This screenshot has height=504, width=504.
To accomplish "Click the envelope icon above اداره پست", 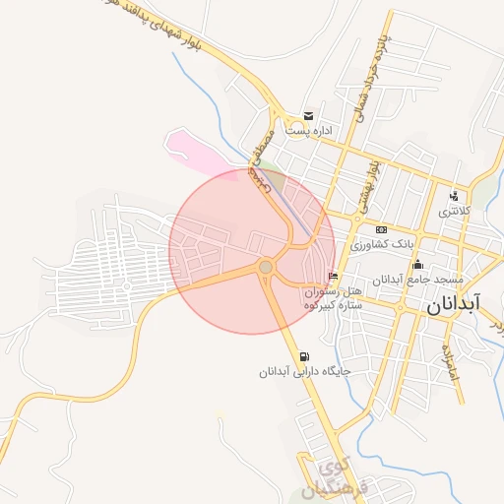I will point(309,115).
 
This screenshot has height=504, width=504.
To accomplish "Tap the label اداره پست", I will point(309,130).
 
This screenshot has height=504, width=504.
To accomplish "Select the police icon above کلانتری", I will point(454,195).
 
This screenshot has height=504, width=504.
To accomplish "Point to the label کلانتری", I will point(454,211).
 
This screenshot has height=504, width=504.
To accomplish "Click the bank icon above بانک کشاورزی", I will point(382,229).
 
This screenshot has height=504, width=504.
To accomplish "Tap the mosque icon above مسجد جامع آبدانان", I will point(418,264).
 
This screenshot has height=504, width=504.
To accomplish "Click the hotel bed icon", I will point(333,276).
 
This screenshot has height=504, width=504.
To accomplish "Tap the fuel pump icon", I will point(302,356).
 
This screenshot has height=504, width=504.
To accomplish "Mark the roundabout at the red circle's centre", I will point(265,267).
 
